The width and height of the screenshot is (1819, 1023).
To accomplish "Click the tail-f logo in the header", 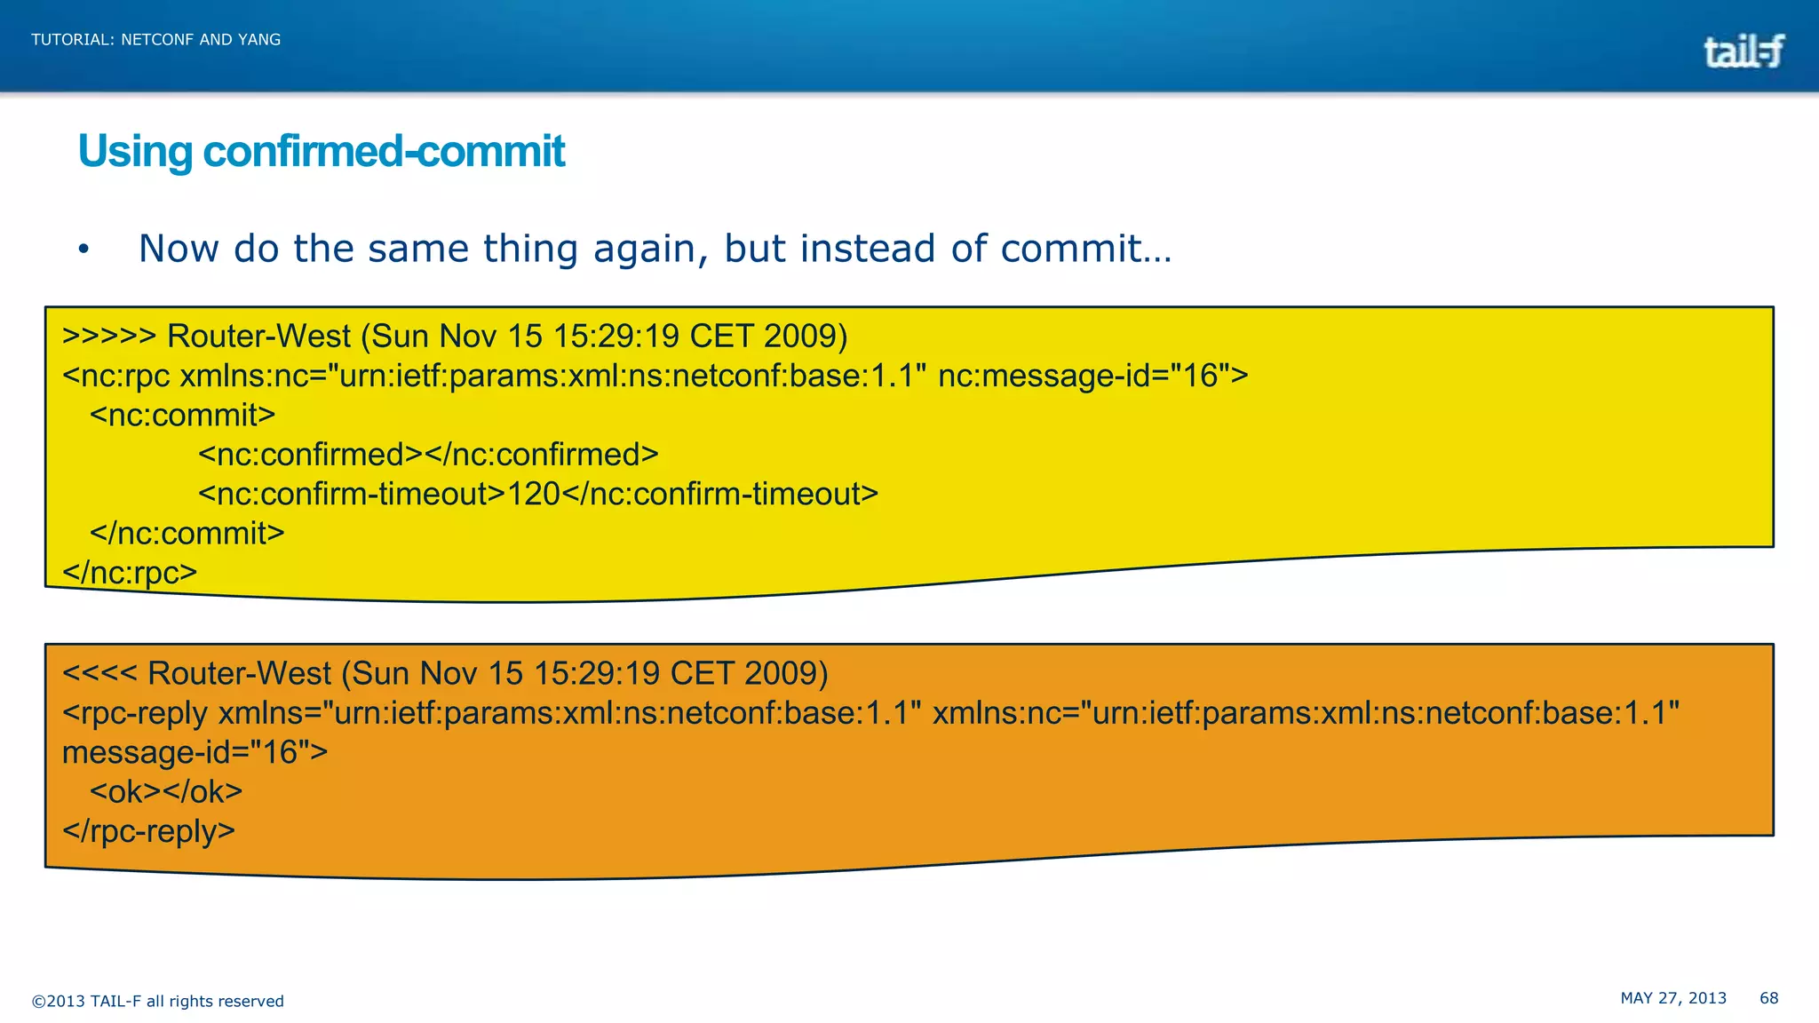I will pyautogui.click(x=1744, y=52).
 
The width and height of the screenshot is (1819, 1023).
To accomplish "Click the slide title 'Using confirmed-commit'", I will pyautogui.click(x=322, y=151).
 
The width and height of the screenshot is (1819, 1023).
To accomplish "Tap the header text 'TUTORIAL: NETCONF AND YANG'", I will pyautogui.click(x=156, y=40).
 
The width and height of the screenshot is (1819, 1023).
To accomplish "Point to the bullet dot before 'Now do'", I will pyautogui.click(x=83, y=250).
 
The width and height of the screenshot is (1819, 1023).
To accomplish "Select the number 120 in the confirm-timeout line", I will pyautogui.click(x=533, y=494).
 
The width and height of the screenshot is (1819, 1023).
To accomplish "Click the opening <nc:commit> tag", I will pyautogui.click(x=183, y=415).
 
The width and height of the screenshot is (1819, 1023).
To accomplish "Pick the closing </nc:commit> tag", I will pyautogui.click(x=187, y=533).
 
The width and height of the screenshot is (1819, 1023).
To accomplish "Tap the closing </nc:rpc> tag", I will pyautogui.click(x=130, y=572).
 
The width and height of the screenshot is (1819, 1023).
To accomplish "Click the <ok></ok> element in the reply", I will pyautogui.click(x=166, y=791).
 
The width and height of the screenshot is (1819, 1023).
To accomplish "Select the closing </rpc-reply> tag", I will pyautogui.click(x=148, y=831).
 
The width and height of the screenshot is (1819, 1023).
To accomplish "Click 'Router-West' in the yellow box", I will pyautogui.click(x=258, y=337).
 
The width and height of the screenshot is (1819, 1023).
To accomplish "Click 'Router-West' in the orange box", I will pyautogui.click(x=239, y=673).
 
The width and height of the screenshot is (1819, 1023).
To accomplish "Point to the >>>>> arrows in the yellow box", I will pyautogui.click(x=109, y=337).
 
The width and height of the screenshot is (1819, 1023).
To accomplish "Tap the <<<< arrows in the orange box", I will pyautogui.click(x=99, y=673).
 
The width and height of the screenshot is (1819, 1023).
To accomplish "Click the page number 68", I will pyautogui.click(x=1768, y=998).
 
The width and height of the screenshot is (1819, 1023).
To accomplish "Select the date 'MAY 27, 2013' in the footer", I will pyautogui.click(x=1673, y=998).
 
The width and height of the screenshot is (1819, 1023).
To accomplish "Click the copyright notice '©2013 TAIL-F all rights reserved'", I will pyautogui.click(x=158, y=1002).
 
